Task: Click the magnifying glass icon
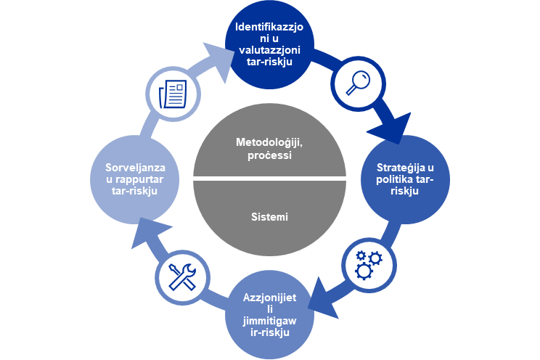(x=358, y=83)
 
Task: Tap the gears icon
(x=369, y=265)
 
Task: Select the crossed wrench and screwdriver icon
(x=182, y=277)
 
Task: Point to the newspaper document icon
(x=173, y=94)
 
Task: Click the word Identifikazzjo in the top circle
(x=269, y=27)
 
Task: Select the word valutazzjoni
(x=270, y=50)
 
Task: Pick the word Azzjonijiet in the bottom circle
(x=270, y=298)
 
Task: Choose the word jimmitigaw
(x=270, y=321)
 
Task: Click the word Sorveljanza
(x=135, y=168)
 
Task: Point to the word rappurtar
(x=139, y=179)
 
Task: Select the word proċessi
(x=270, y=156)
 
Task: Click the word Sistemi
(x=269, y=217)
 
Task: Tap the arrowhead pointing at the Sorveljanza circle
(x=148, y=232)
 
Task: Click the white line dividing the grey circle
(x=269, y=179)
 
